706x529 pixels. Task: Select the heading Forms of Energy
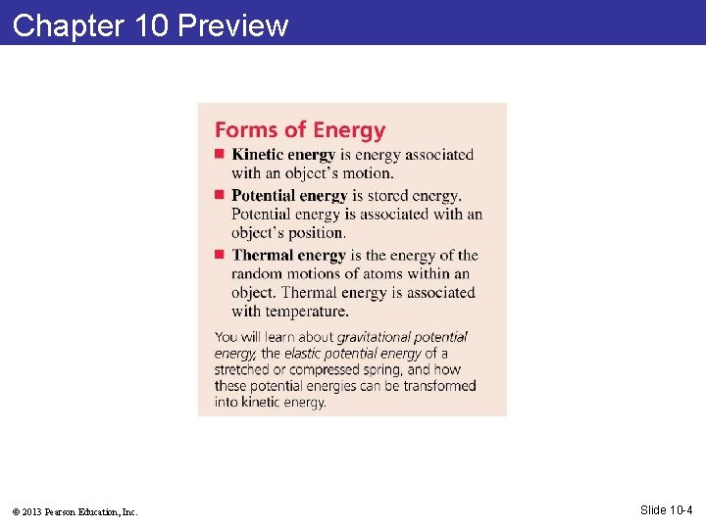pos(300,129)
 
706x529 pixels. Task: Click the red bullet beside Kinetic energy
pos(221,154)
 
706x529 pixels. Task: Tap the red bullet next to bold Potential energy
pos(221,195)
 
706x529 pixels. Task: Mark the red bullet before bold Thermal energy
pos(221,255)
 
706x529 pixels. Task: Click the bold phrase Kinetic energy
pos(283,155)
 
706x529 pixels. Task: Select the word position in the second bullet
pos(317,233)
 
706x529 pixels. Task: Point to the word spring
pos(381,369)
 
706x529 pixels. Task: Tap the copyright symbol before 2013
pos(17,511)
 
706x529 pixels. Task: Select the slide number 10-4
pos(681,509)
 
